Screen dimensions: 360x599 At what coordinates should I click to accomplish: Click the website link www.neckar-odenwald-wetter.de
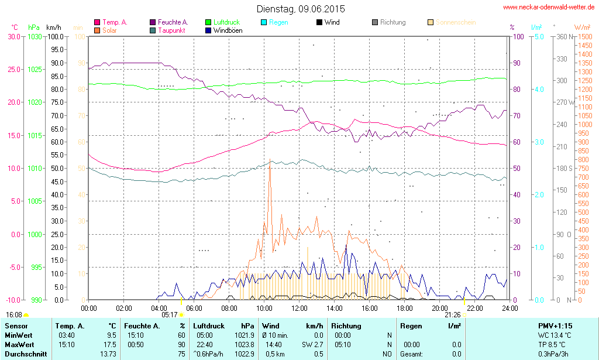pyautogui.click(x=549, y=8)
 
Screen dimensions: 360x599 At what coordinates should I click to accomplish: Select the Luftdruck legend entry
pyautogui.click(x=223, y=22)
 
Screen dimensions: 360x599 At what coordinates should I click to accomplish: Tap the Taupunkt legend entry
pyautogui.click(x=170, y=30)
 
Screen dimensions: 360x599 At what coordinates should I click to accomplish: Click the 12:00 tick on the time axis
pyautogui.click(x=299, y=308)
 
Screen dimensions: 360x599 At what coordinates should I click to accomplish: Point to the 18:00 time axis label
pyautogui.click(x=405, y=308)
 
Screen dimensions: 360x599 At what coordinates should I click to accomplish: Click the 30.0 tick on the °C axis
pyautogui.click(x=13, y=36)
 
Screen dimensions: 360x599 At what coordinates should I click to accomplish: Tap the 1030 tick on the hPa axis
pyautogui.click(x=35, y=36)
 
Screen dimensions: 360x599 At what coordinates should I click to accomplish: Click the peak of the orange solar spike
pyautogui.click(x=270, y=167)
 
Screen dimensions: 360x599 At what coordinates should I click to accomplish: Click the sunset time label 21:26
pyautogui.click(x=452, y=315)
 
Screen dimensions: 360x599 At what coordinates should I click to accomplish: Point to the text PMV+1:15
pyautogui.click(x=555, y=326)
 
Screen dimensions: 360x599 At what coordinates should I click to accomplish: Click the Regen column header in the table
pyautogui.click(x=411, y=326)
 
